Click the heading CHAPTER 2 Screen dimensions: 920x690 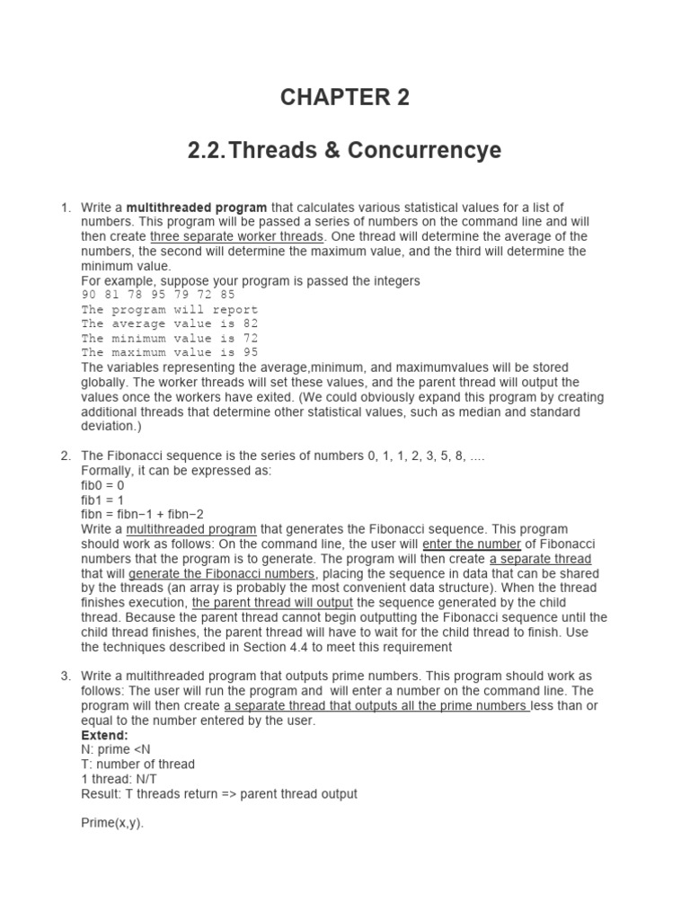pyautogui.click(x=344, y=98)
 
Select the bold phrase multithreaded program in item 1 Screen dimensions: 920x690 pyautogui.click(x=197, y=208)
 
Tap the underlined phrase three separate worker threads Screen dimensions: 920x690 pyautogui.click(x=236, y=236)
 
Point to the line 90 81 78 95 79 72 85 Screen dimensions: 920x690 pyautogui.click(x=158, y=295)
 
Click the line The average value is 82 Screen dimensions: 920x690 pyautogui.click(x=169, y=323)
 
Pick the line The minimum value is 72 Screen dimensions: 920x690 pyautogui.click(x=169, y=339)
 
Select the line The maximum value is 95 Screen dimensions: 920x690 pyautogui.click(x=169, y=353)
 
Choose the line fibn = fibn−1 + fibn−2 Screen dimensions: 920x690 pyautogui.click(x=143, y=514)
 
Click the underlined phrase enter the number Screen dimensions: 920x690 pyautogui.click(x=472, y=544)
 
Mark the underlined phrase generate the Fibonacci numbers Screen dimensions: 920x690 pyautogui.click(x=222, y=573)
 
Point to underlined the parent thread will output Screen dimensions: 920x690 pyautogui.click(x=273, y=603)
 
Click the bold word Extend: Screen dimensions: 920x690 pyautogui.click(x=105, y=735)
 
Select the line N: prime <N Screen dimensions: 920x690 pyautogui.click(x=119, y=749)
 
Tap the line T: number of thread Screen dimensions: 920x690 pyautogui.click(x=137, y=765)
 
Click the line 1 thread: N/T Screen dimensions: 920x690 pyautogui.click(x=119, y=779)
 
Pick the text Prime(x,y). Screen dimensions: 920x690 pyautogui.click(x=112, y=822)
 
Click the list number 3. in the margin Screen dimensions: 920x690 pyautogui.click(x=66, y=676)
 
